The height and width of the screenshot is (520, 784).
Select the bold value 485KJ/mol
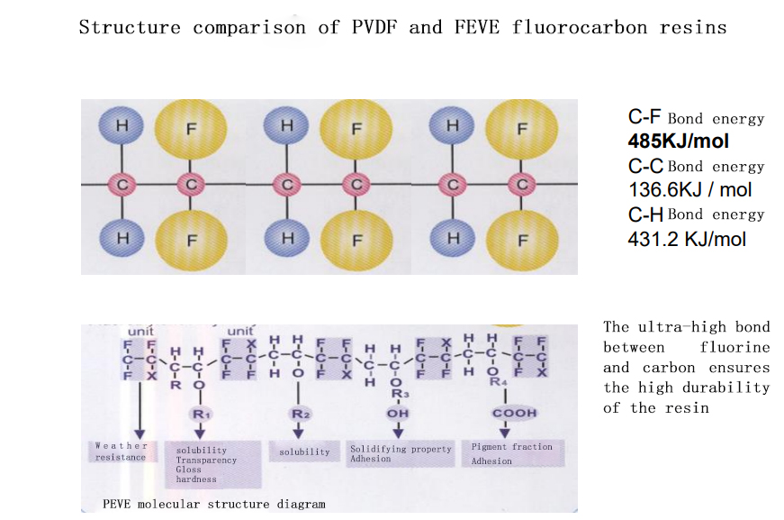678,141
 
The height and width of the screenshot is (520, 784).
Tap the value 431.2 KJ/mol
686,238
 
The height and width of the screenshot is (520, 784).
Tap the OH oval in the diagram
397,413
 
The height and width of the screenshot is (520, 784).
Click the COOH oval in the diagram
514,413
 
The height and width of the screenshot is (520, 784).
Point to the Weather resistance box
121,452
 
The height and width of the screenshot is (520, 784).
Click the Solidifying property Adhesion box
401,453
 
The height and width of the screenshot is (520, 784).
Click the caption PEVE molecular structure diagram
213,504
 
